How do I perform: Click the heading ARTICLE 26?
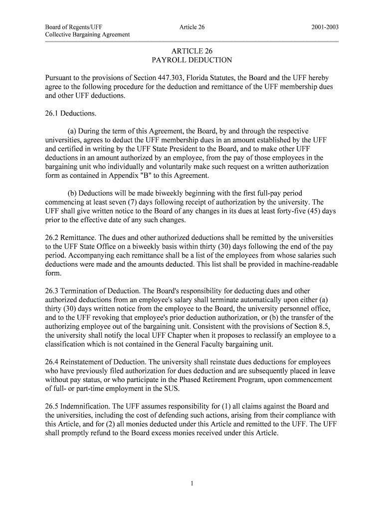[192, 51]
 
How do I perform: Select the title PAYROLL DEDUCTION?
[192, 60]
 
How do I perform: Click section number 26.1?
[52, 114]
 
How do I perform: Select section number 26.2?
[52, 238]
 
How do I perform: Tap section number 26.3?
[52, 291]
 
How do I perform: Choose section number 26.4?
[52, 362]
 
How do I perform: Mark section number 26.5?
[52, 406]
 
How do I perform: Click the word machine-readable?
[309, 264]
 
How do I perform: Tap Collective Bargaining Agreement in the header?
[88, 34]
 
